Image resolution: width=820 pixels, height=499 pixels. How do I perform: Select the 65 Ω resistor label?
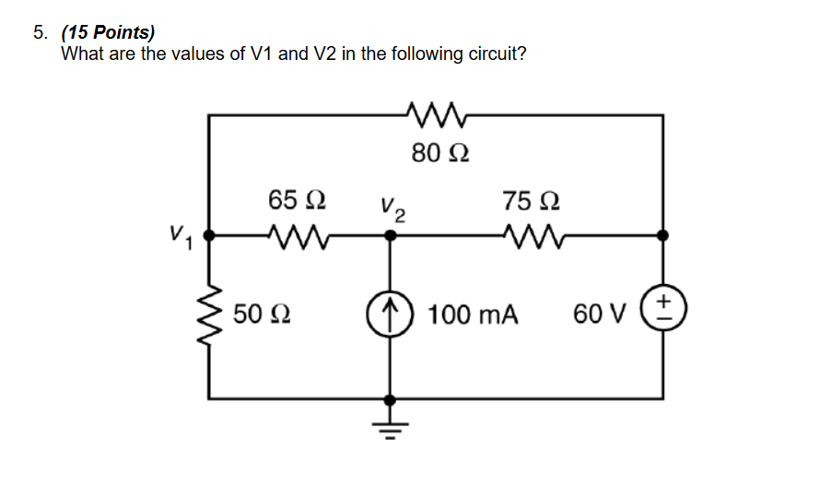point(295,200)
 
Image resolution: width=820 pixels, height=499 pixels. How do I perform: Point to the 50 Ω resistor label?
point(262,315)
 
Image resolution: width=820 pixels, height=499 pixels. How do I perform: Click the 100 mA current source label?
point(474,315)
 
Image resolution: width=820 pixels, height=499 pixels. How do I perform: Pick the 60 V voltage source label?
point(600,315)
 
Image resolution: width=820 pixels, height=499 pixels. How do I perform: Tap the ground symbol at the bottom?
point(391,425)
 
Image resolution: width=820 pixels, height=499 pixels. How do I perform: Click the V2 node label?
point(392,211)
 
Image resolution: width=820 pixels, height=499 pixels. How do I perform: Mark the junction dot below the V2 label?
point(391,236)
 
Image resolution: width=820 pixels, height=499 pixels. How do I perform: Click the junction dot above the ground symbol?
point(391,399)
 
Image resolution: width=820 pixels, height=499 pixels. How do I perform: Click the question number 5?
point(40,33)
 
